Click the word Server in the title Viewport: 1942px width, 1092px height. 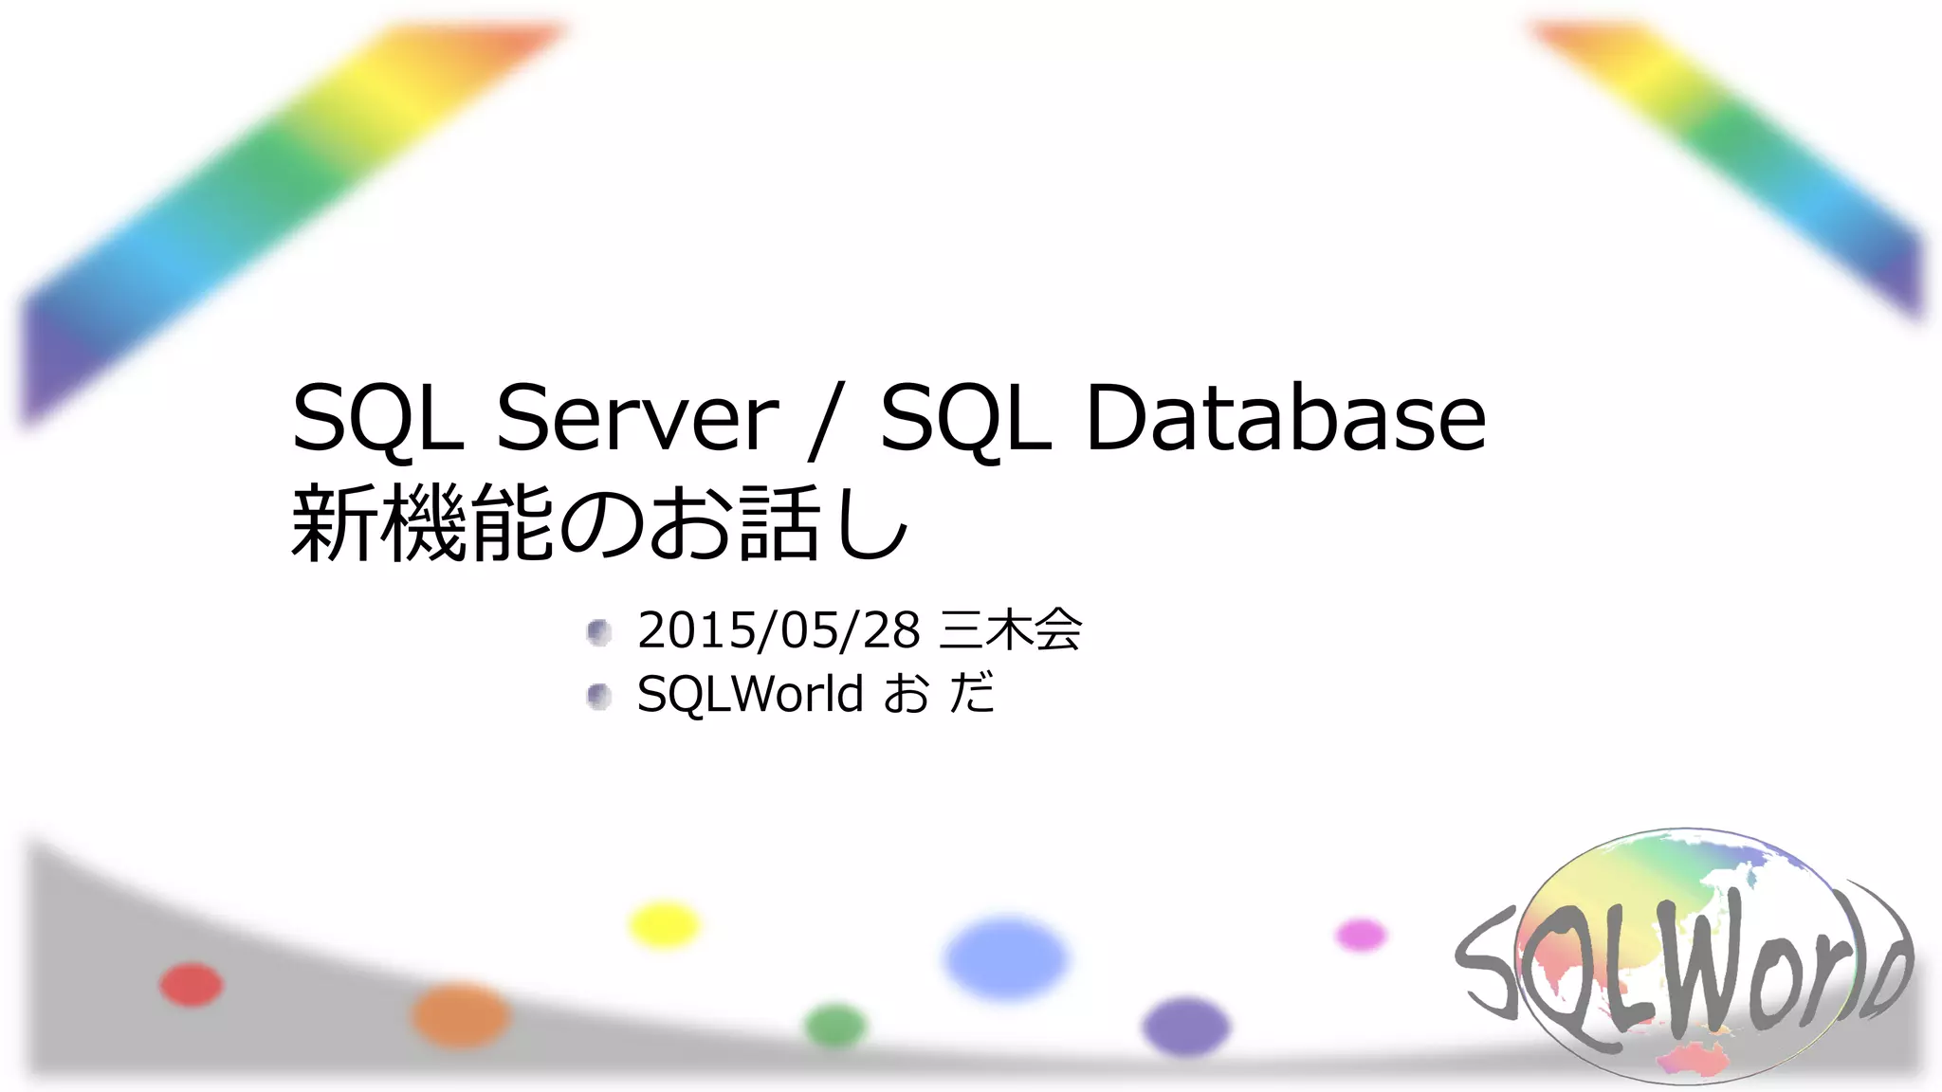pyautogui.click(x=637, y=418)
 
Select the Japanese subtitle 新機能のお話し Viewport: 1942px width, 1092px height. pyautogui.click(x=599, y=523)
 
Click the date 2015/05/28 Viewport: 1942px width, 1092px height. pyautogui.click(x=779, y=630)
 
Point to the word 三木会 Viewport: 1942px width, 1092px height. pyautogui.click(x=1010, y=630)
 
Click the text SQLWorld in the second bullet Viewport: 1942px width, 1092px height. pyautogui.click(x=749, y=694)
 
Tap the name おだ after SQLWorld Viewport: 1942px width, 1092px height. pyautogui.click(x=939, y=694)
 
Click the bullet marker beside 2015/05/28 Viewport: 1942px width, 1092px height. pyautogui.click(x=598, y=632)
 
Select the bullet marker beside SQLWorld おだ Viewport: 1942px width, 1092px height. pyautogui.click(x=598, y=697)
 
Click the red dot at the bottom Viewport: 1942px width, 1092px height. pyautogui.click(x=191, y=984)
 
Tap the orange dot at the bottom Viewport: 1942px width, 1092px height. pyautogui.click(x=461, y=1015)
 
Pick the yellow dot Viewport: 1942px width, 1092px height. pyautogui.click(x=664, y=924)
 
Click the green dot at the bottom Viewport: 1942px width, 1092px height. pyautogui.click(x=835, y=1026)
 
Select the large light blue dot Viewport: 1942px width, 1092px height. pyautogui.click(x=1006, y=957)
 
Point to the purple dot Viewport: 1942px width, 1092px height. pyautogui.click(x=1185, y=1027)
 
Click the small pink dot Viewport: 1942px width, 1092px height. pyautogui.click(x=1361, y=936)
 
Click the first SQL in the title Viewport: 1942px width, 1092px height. pyautogui.click(x=377, y=418)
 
